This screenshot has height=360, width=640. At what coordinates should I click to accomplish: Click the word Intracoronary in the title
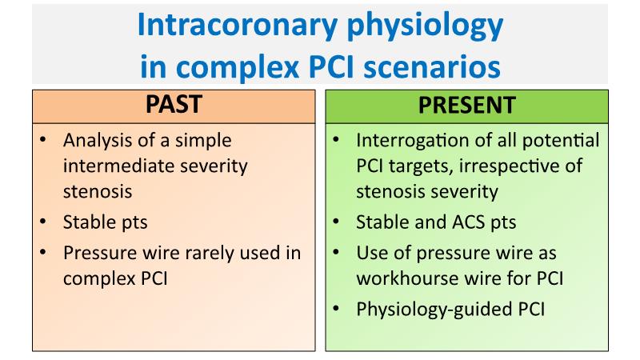click(x=237, y=25)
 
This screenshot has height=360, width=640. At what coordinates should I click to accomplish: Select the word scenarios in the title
click(x=432, y=67)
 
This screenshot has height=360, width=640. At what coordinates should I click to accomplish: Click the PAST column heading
click(x=174, y=105)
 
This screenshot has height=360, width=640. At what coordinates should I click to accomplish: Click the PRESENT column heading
click(x=467, y=105)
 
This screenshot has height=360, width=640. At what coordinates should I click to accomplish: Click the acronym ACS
click(x=465, y=222)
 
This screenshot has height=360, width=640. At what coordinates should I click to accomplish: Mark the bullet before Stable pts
click(x=43, y=222)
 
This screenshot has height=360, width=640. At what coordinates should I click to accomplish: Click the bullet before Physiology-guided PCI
click(x=336, y=308)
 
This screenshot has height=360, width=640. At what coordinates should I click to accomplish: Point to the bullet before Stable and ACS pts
click(x=336, y=222)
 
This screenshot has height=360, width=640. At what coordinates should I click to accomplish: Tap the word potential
click(x=561, y=141)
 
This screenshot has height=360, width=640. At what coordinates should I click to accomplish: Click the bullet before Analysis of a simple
click(x=43, y=139)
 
